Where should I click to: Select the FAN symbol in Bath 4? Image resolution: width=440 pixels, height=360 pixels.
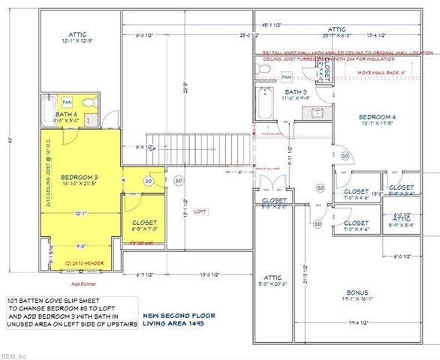67,101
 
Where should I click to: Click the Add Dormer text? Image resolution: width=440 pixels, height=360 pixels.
80,283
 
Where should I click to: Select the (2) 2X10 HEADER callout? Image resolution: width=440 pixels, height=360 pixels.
83,264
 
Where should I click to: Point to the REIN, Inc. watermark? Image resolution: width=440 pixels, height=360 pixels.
14,355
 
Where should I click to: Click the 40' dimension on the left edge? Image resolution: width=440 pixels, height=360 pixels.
10,139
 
